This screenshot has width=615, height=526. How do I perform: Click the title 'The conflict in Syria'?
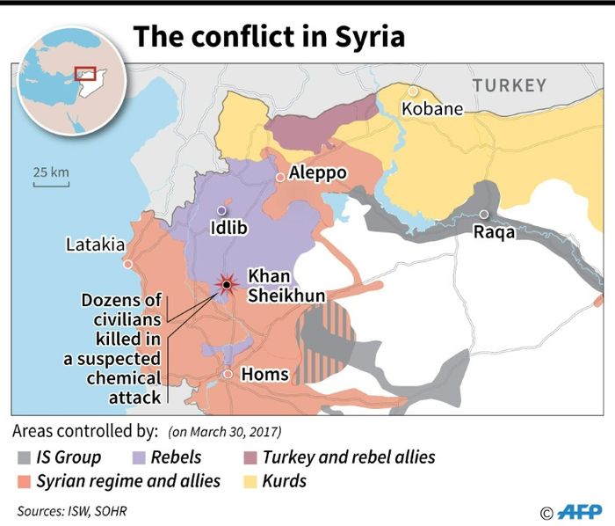(x=269, y=36)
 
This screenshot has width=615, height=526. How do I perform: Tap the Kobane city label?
(x=431, y=109)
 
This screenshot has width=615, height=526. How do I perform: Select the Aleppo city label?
(x=317, y=173)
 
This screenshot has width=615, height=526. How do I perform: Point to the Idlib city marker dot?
(x=221, y=211)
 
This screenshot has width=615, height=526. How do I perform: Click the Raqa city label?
(x=494, y=232)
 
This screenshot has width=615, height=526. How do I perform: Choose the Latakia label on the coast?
(x=95, y=245)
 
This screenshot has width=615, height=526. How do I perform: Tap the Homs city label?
(x=264, y=375)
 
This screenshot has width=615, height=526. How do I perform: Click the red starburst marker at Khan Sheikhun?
(x=227, y=284)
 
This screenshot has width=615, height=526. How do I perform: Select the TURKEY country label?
(x=510, y=85)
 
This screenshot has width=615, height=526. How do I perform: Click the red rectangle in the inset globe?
(x=84, y=74)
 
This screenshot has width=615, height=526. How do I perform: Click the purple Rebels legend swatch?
(x=137, y=457)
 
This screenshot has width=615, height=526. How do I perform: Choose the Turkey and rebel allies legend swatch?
(x=250, y=457)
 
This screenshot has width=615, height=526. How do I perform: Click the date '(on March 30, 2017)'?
(x=224, y=432)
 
